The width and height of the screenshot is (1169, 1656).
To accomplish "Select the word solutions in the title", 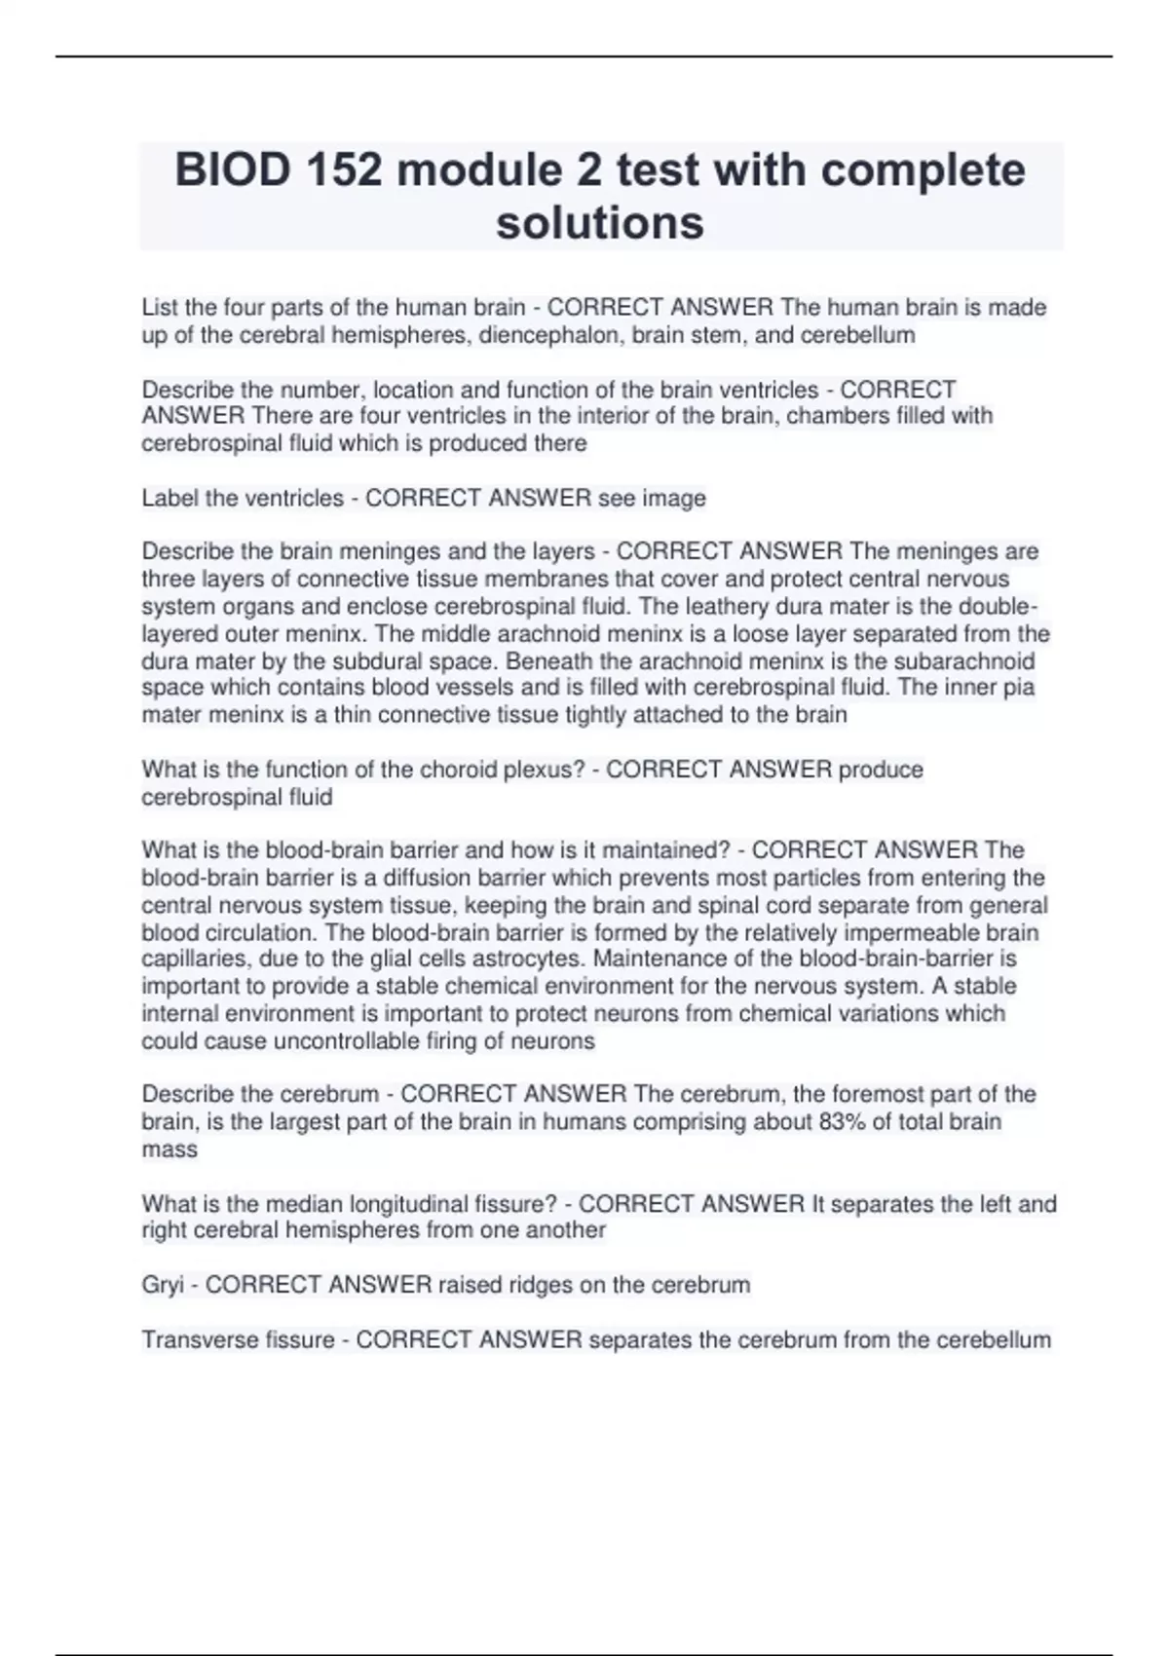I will click(x=599, y=223).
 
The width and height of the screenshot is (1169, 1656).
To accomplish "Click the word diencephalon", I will click(x=550, y=335).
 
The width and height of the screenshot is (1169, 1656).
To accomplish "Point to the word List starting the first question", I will click(x=160, y=308).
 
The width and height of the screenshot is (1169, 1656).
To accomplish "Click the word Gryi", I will click(x=163, y=1285).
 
